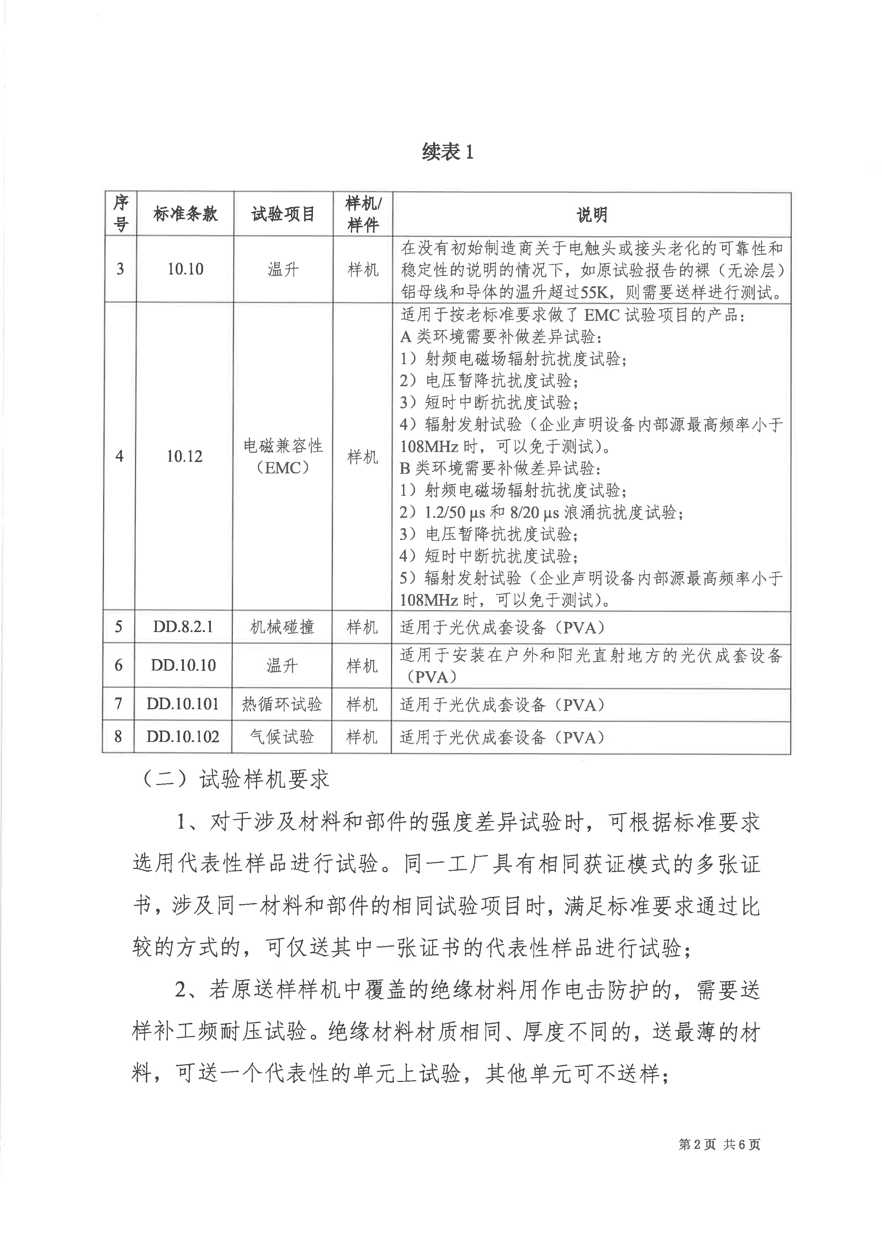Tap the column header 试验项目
coord(283,214)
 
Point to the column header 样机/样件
coord(363,214)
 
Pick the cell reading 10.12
coord(184,456)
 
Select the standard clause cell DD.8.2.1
coord(183,627)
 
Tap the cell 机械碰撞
coord(282,627)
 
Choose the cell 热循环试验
coord(282,705)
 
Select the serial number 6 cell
coord(119,665)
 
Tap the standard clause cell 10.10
coord(185,269)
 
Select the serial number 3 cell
coord(120,269)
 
